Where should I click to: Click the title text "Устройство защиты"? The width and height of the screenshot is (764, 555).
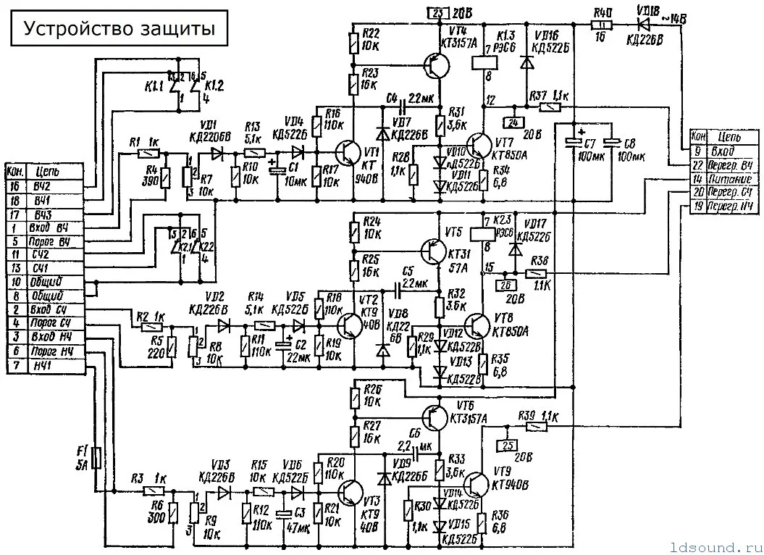pos(119,28)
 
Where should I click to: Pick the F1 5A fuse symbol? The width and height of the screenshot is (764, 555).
pos(97,458)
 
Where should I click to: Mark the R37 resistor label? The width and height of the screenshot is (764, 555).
pos(540,96)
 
